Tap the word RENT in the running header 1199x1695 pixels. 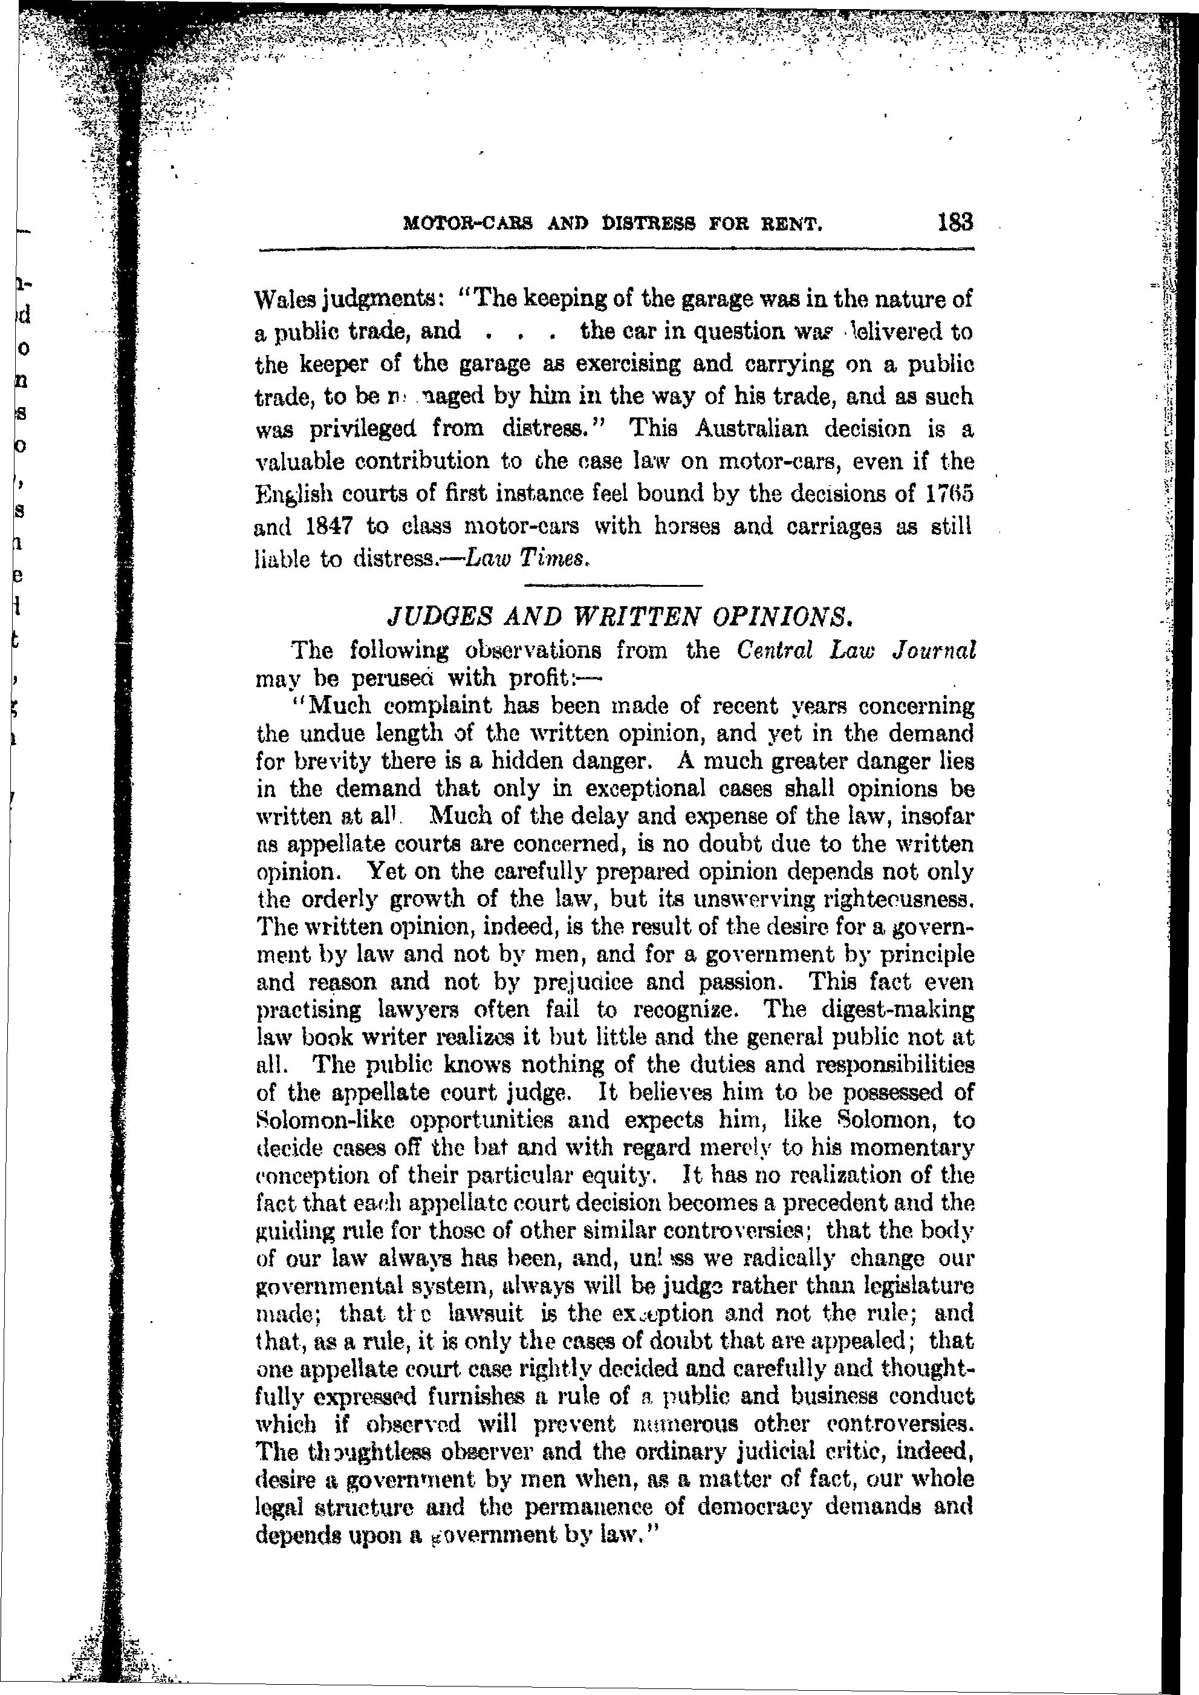point(794,224)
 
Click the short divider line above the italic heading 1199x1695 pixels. point(612,586)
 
